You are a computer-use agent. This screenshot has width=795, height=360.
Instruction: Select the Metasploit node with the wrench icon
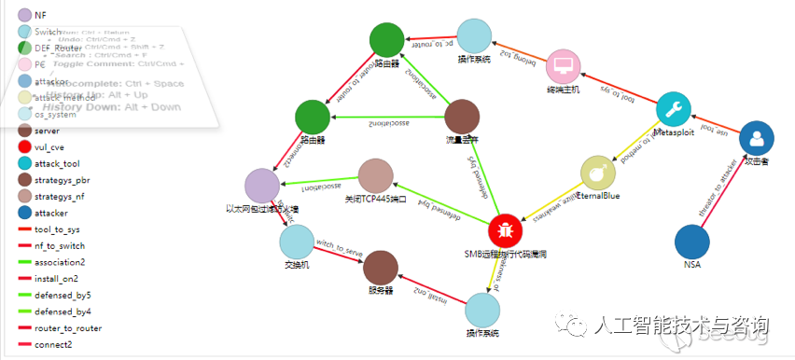(676, 110)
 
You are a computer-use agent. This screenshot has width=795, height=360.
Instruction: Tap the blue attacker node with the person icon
(757, 139)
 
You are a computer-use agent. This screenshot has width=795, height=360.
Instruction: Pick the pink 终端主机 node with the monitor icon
(563, 66)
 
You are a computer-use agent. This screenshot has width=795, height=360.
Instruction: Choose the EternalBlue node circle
(598, 173)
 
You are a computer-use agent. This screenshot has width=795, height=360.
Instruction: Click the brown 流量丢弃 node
(462, 118)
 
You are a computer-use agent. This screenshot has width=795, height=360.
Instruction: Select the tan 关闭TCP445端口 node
(376, 176)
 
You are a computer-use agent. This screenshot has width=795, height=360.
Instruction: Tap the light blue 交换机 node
(298, 240)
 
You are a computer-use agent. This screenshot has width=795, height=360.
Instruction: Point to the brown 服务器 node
(380, 268)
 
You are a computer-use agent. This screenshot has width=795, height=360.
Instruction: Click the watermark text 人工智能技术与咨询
(678, 325)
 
